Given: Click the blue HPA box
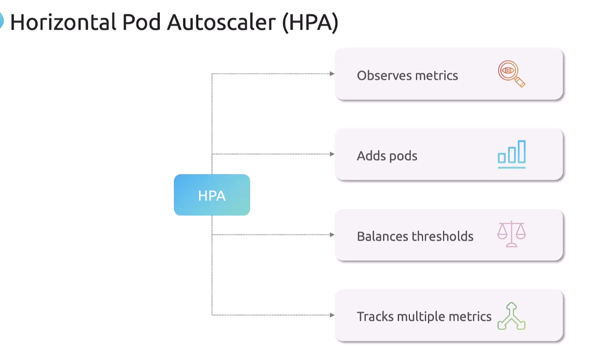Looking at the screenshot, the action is [x=212, y=195].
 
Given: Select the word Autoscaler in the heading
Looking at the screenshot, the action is [x=221, y=22].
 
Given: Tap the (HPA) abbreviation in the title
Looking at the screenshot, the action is [x=310, y=23].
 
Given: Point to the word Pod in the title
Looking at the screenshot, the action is [x=142, y=22].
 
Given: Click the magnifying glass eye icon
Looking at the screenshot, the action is [x=511, y=73].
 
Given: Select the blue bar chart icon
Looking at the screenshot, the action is [x=511, y=154].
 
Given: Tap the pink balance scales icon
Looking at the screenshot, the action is [x=511, y=234].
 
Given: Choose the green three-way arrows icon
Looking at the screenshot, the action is [x=511, y=316].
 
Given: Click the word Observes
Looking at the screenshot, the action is [x=384, y=75].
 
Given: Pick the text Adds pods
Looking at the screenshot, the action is [x=387, y=156].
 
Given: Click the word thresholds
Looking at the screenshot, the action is [x=442, y=236].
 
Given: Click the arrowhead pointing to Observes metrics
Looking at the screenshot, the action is [x=332, y=74].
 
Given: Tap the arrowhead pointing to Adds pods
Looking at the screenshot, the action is [x=332, y=154].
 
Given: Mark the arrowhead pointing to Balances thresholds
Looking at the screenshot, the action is [x=332, y=235].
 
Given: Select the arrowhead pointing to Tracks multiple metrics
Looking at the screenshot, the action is [x=332, y=315].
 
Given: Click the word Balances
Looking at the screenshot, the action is [x=382, y=236].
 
